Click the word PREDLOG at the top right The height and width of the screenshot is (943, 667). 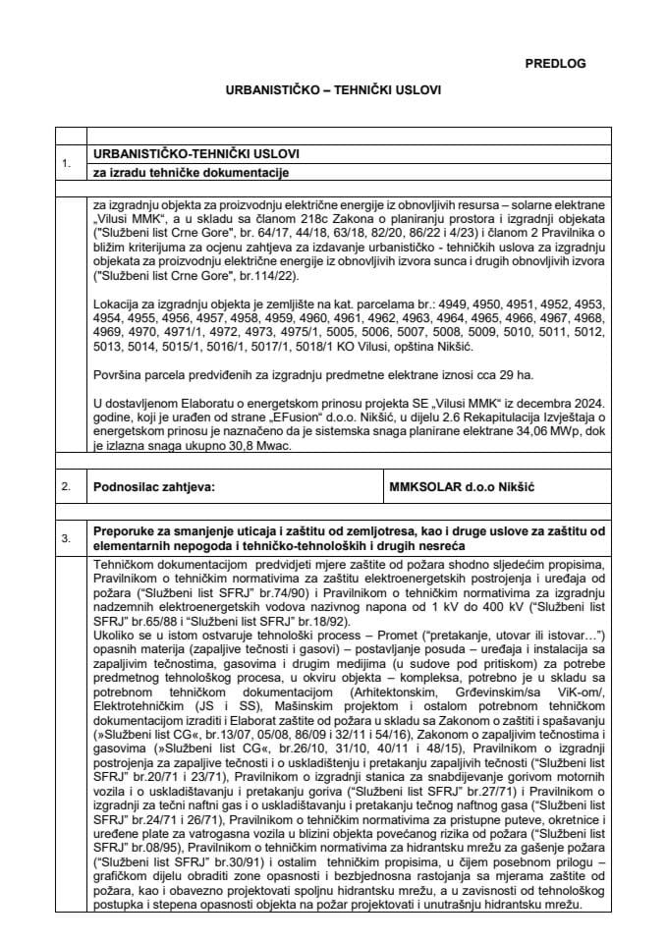pyautogui.click(x=555, y=63)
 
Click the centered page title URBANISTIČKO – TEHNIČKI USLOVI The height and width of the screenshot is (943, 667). pyautogui.click(x=333, y=88)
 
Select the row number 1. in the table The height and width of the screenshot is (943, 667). pyautogui.click(x=67, y=164)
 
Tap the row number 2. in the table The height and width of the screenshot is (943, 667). pyautogui.click(x=67, y=486)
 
